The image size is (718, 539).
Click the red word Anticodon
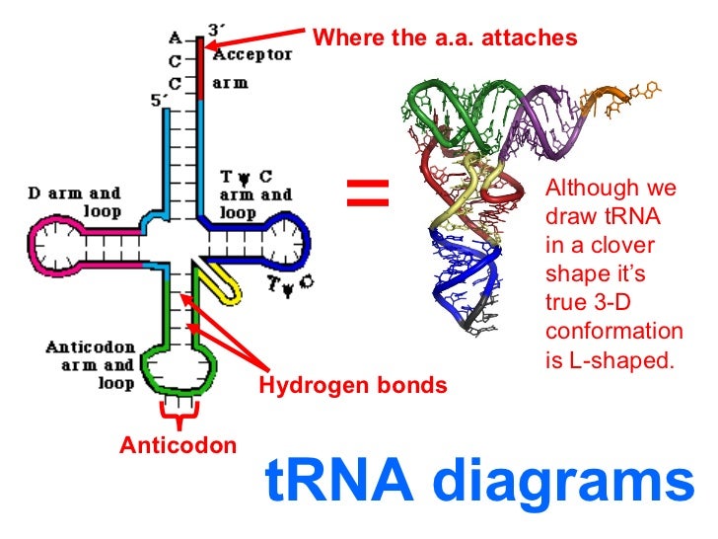tap(179, 445)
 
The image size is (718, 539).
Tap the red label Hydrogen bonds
tap(352, 385)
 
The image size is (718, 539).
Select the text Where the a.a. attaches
tap(443, 38)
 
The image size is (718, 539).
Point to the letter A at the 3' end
tap(175, 39)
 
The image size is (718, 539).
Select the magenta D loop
tap(49, 241)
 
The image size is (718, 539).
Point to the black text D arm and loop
tap(73, 202)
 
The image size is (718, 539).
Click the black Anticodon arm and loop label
tap(93, 365)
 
